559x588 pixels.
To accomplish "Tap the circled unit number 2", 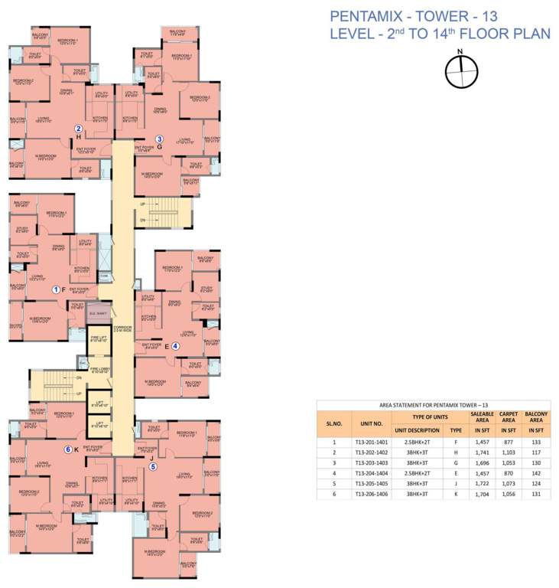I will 78,128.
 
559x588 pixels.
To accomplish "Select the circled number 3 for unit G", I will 159,139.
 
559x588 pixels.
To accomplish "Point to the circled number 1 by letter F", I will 55,289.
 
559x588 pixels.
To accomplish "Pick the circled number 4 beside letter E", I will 175,345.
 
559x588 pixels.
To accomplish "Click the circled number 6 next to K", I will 67,449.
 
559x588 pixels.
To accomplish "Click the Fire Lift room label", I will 99,339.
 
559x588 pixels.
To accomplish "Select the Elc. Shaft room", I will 98,312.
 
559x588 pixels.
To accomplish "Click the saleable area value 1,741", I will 481,452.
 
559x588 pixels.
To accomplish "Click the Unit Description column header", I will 417,430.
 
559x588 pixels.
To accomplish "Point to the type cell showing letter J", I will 456,485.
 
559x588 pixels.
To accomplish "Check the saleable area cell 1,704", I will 481,495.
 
